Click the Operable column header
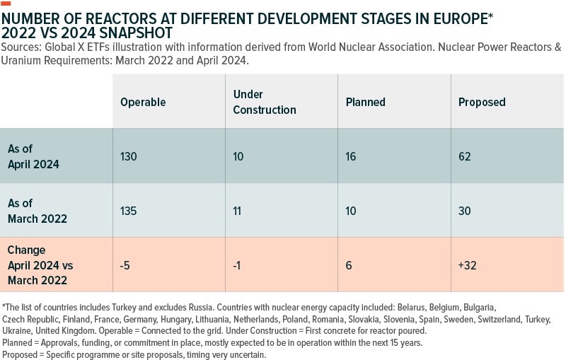[143, 102]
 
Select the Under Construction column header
[265, 102]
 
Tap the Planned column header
[365, 102]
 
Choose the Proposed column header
[482, 102]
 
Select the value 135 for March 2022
[129, 211]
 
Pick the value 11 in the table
[238, 211]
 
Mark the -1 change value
[238, 266]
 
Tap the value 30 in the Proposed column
[464, 211]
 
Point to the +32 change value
[468, 266]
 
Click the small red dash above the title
[6, 3]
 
